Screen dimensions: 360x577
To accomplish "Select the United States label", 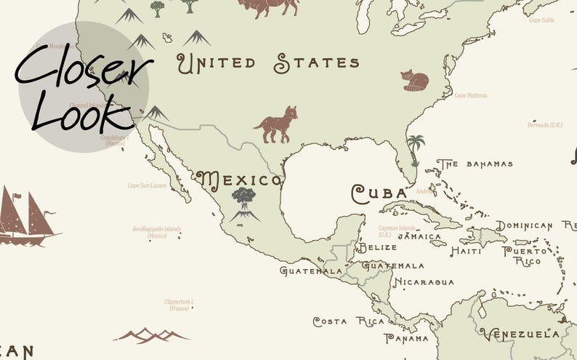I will coord(269,64).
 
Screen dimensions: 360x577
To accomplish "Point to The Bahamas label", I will coord(475,164).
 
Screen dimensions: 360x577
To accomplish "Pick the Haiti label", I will coord(466,251).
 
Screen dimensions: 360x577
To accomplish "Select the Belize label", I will coord(378,247).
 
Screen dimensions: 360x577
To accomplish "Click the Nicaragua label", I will coord(424,282).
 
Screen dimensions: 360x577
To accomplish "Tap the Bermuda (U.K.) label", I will coord(545,124).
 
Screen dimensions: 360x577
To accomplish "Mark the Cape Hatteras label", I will coord(471,95).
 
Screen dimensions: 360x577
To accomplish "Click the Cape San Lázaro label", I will coord(148,185).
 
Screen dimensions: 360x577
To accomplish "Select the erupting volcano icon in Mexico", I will coord(244,204).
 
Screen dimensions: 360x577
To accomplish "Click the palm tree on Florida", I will coord(415,149).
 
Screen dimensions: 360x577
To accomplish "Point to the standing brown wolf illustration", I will coord(276,124).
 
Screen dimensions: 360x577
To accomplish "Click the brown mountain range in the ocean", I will coord(151,335).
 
